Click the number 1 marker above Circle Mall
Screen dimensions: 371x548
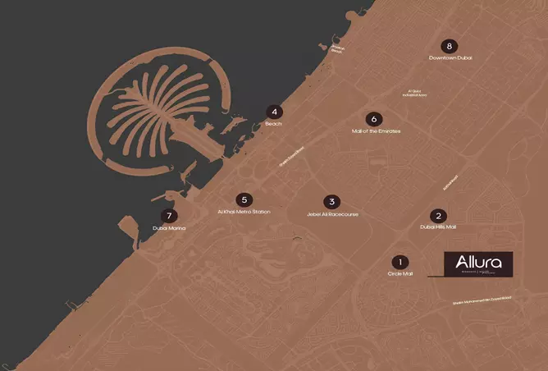tap(400, 261)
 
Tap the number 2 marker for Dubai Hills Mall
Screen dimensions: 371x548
tap(438, 215)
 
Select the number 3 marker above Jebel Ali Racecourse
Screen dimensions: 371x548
tap(332, 202)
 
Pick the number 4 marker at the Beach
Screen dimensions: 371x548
tap(274, 112)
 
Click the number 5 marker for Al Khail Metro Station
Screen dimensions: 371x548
tap(244, 199)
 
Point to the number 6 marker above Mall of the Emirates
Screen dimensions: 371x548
tap(375, 119)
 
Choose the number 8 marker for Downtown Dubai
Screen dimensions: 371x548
tap(450, 46)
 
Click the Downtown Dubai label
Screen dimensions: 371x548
tap(450, 57)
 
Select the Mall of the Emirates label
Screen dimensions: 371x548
tap(375, 131)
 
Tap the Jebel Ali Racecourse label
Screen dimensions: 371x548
tap(332, 214)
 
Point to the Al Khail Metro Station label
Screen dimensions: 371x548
tap(244, 212)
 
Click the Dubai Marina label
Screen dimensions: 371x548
tap(170, 229)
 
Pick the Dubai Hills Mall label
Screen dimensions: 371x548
tap(438, 227)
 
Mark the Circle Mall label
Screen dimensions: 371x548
tap(400, 273)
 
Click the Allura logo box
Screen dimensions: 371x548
tap(478, 264)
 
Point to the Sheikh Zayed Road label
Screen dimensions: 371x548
tap(290, 156)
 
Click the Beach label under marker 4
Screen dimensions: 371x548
tap(274, 124)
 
